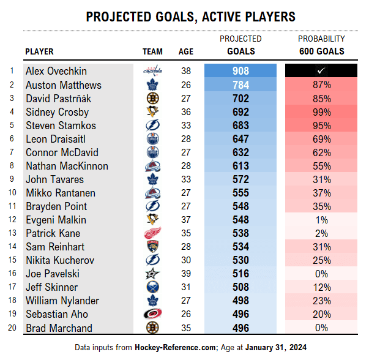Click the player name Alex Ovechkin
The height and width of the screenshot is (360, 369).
56,71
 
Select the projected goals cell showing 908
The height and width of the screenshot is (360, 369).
240,71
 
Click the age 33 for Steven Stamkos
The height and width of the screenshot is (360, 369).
186,125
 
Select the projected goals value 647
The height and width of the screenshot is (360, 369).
240,138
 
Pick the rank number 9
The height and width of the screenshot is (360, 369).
11,179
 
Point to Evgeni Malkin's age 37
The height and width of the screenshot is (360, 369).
186,219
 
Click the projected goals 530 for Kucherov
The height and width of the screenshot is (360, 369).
240,260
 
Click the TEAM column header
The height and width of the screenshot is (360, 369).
152,51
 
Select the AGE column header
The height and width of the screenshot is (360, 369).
186,51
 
